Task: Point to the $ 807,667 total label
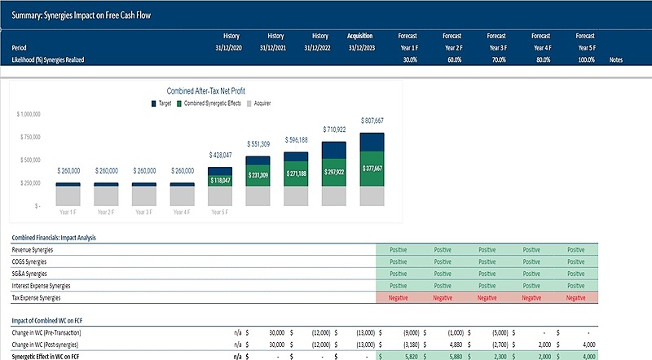pyautogui.click(x=372, y=121)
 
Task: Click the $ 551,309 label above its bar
pyautogui.click(x=258, y=144)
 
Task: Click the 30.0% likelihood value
pyautogui.click(x=410, y=60)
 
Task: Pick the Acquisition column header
pyautogui.click(x=360, y=36)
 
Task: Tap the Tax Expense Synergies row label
pyautogui.click(x=40, y=298)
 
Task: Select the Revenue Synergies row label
pyautogui.click(x=37, y=250)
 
